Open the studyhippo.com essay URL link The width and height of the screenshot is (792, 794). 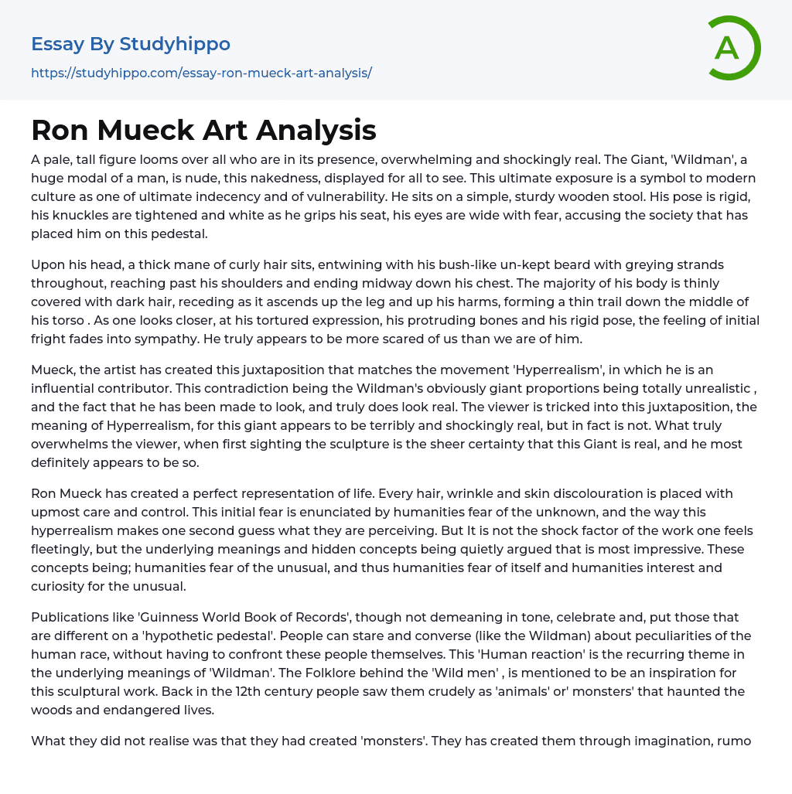click(201, 73)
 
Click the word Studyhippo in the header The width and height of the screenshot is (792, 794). click(175, 44)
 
